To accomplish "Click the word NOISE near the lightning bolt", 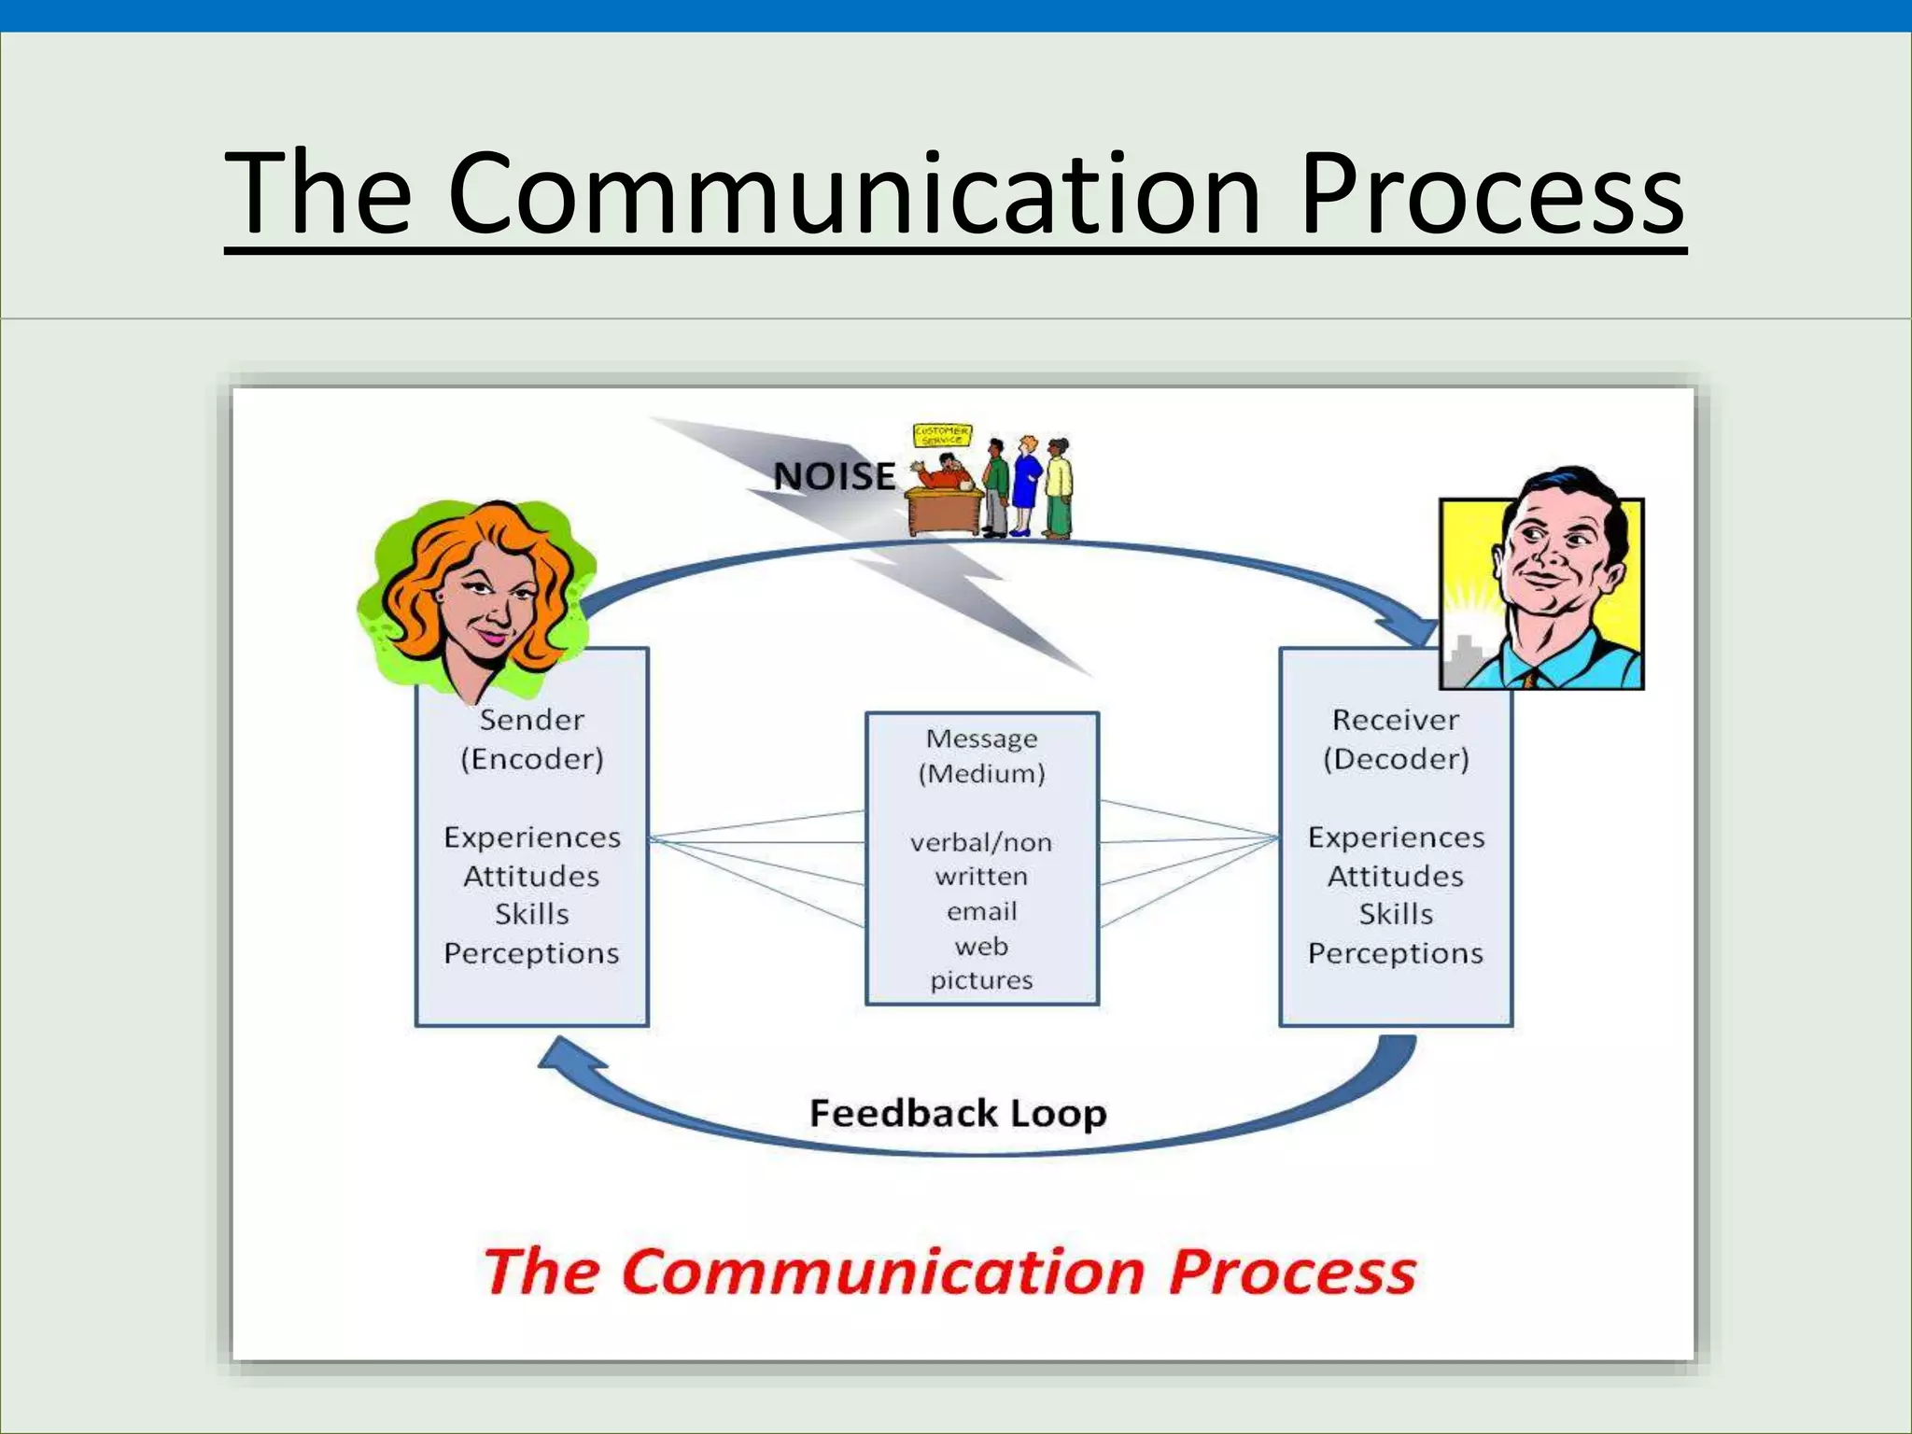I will coord(834,476).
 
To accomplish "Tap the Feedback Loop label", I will coord(958,1113).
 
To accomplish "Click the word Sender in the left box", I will coord(532,720).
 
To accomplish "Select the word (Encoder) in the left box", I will coord(532,759).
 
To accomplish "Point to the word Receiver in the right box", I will coord(1395,720).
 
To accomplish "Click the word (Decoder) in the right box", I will coord(1396,759).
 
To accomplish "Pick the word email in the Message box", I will coord(982,911).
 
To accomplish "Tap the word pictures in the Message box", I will coord(982,980).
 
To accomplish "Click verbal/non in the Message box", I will coord(981,843).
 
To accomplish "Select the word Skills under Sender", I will coord(532,914).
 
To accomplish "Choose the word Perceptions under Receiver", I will coord(1395,953).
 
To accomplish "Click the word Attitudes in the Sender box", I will coord(532,877).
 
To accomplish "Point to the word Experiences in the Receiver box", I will coord(1396,837).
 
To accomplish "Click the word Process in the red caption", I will coord(1292,1272).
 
